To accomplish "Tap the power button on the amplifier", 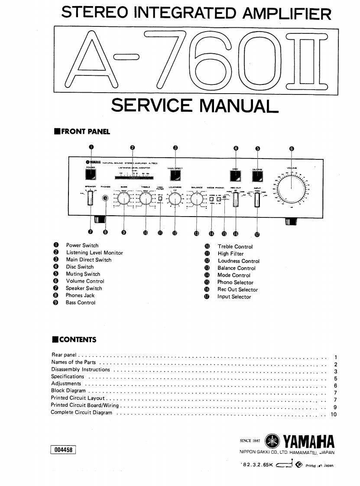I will pos(91,175).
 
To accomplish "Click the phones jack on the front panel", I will pos(105,199).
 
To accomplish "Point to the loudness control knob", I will pos(175,199).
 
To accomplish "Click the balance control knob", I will pos(197,199).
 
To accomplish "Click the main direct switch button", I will pos(175,175).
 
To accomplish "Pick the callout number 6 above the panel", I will pos(292,149).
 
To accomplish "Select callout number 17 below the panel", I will pos(257,235).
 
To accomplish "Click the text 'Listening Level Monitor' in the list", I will pos(94,253).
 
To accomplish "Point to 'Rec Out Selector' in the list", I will pos(237,290).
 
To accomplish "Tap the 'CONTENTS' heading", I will pos(78,340).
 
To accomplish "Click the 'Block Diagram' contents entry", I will pos(68,391).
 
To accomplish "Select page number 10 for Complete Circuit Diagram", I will pos(333,415).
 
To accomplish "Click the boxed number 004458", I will pos(63,450).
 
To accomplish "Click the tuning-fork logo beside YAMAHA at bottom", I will pos(272,441).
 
